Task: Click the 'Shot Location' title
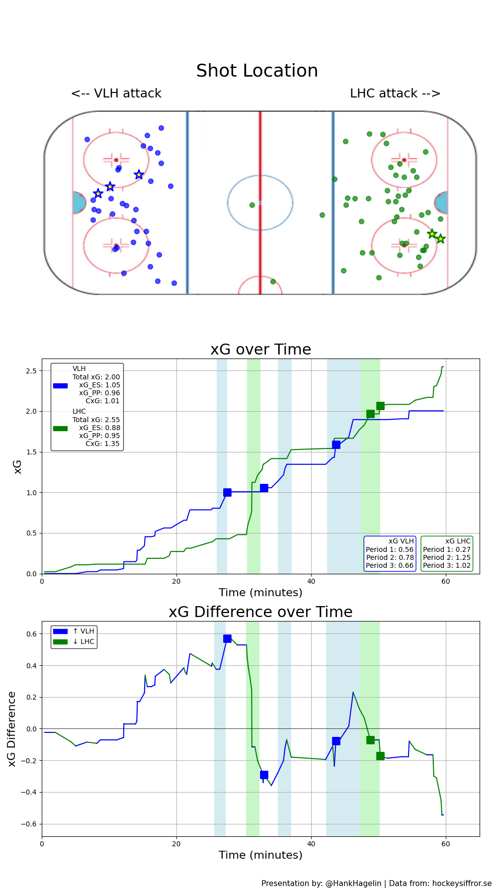click(x=257, y=71)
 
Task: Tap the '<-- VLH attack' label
click(x=116, y=93)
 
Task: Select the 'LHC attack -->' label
click(x=395, y=93)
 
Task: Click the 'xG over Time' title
click(x=260, y=350)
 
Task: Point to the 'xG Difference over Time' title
click(x=260, y=612)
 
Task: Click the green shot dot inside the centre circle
click(x=252, y=205)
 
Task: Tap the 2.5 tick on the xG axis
click(x=31, y=371)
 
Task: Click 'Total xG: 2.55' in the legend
click(x=96, y=420)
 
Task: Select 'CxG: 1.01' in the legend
click(x=102, y=401)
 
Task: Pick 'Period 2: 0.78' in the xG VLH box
click(x=390, y=557)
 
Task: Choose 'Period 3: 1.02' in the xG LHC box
click(x=446, y=565)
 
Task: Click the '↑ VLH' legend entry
click(x=83, y=631)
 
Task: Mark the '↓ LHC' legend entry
click(x=83, y=642)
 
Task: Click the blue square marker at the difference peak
click(x=227, y=638)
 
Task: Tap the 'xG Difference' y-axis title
click(x=12, y=728)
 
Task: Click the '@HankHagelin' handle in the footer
click(x=353, y=884)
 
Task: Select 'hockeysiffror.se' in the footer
click(x=462, y=884)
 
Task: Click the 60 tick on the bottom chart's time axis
click(x=446, y=844)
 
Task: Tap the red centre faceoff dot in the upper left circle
click(x=116, y=160)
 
